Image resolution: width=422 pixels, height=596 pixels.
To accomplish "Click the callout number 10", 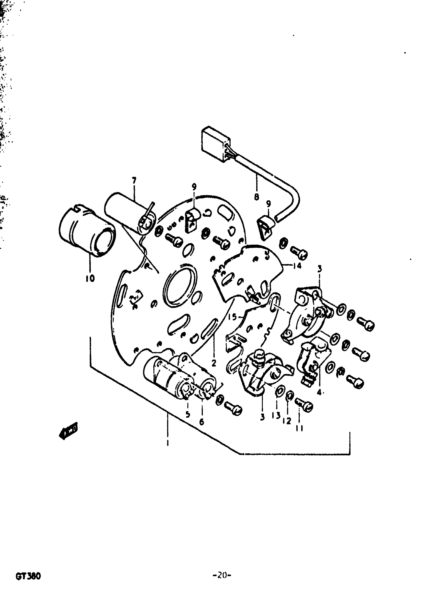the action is pyautogui.click(x=90, y=279).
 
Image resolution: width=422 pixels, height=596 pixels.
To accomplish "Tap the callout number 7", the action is pyautogui.click(x=134, y=180).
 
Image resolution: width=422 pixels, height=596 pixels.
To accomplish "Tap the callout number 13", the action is pyautogui.click(x=276, y=415).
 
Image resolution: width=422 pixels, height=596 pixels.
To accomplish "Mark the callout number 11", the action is pyautogui.click(x=299, y=429).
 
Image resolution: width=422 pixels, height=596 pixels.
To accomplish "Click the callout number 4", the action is pyautogui.click(x=319, y=392).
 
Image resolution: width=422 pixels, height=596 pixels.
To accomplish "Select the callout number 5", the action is pyautogui.click(x=188, y=414).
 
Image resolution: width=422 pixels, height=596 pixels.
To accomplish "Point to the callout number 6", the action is pyautogui.click(x=202, y=422).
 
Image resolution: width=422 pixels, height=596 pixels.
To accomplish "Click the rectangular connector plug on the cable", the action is pyautogui.click(x=216, y=144).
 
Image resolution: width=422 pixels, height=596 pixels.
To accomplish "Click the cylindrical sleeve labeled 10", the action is pyautogui.click(x=87, y=231).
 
